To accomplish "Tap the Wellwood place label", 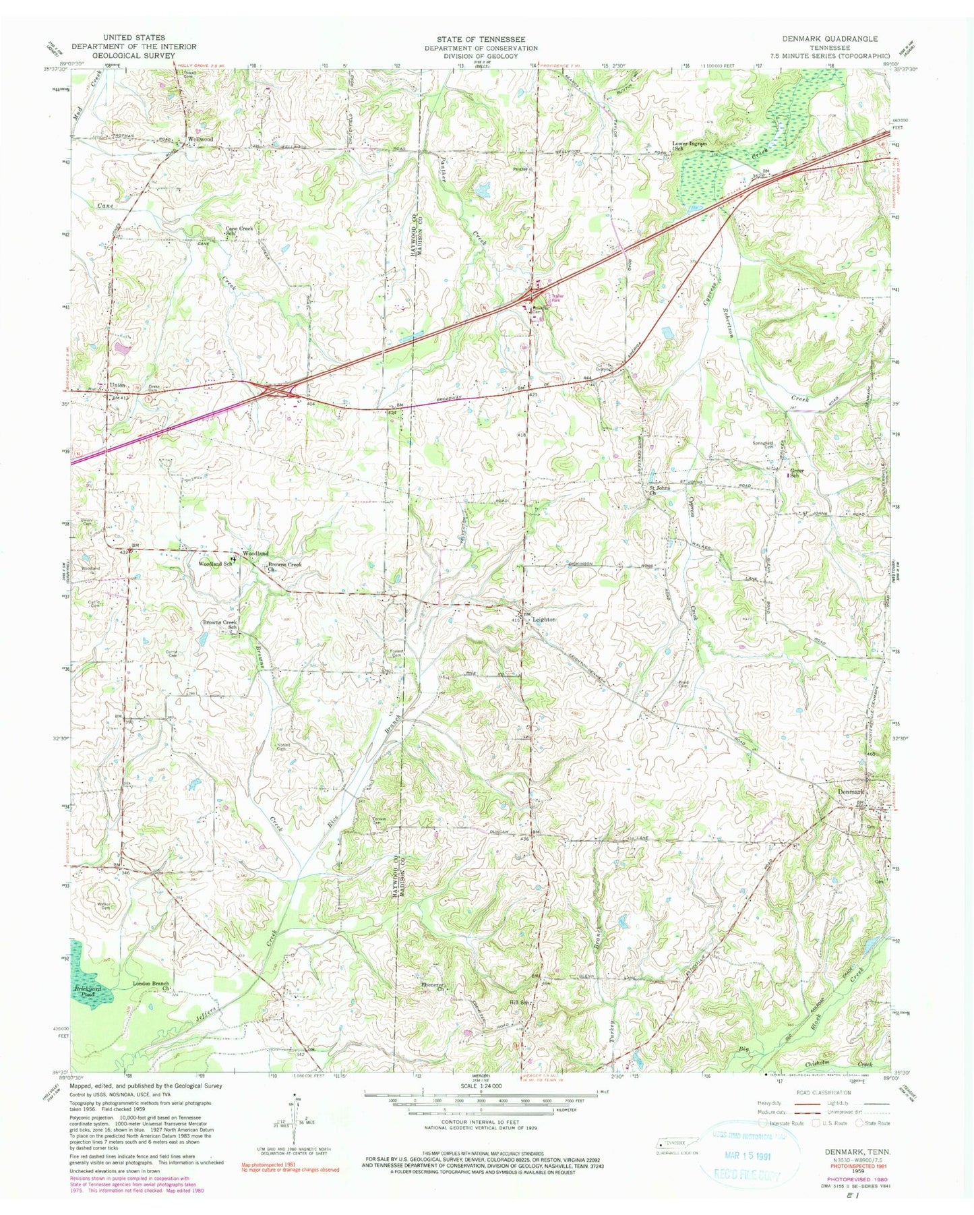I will [200, 139].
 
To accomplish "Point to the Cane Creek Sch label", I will [239, 231].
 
